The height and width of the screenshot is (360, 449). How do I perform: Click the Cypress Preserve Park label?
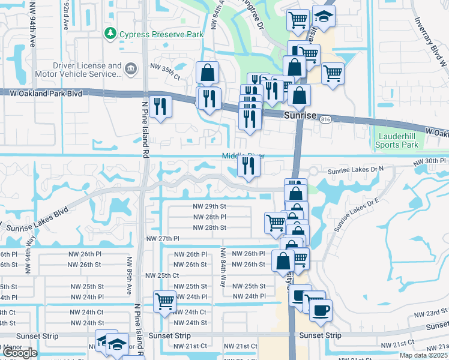click(x=161, y=34)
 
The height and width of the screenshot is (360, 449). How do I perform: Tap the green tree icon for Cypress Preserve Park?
click(x=110, y=34)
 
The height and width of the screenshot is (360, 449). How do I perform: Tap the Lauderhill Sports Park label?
click(x=396, y=140)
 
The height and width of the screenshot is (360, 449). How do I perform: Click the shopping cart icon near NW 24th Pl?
click(x=164, y=301)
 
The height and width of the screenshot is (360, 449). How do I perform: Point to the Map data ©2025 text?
click(x=424, y=355)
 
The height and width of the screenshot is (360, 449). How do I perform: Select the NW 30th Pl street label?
click(x=430, y=162)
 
